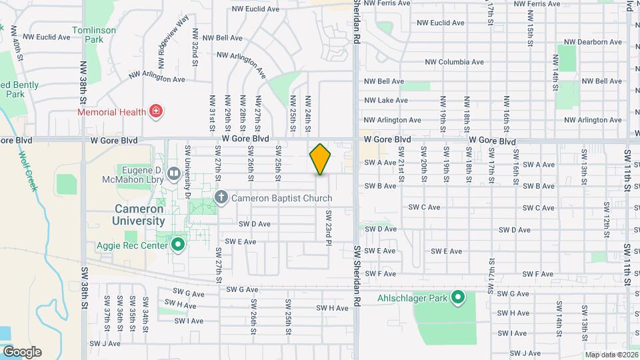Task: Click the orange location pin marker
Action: click(x=320, y=159)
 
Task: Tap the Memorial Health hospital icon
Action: click(x=156, y=111)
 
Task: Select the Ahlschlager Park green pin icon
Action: click(x=458, y=297)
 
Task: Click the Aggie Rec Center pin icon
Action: click(x=178, y=244)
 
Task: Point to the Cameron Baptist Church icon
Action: click(x=221, y=198)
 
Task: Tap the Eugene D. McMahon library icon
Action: click(x=174, y=174)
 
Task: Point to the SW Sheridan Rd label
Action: click(x=357, y=274)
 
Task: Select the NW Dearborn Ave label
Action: click(x=593, y=42)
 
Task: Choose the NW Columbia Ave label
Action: click(x=455, y=62)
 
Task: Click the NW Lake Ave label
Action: click(x=385, y=101)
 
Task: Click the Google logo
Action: click(x=22, y=352)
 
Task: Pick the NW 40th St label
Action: click(x=19, y=47)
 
